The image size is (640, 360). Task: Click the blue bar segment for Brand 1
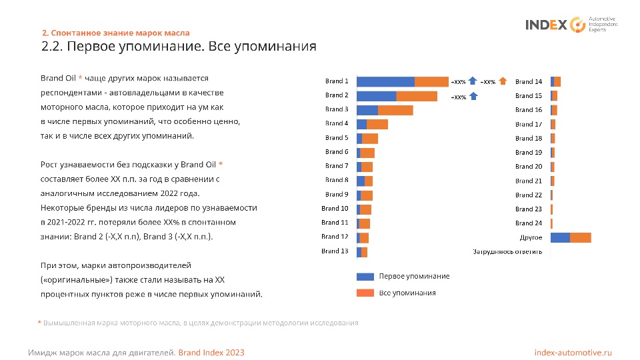(385, 81)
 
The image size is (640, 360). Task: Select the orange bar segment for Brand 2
(417, 96)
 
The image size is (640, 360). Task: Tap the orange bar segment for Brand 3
(395, 110)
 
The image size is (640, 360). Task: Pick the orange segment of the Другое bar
(581, 237)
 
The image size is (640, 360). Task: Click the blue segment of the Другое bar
(560, 237)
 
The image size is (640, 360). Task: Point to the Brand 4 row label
(337, 123)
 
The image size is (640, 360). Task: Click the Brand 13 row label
(335, 251)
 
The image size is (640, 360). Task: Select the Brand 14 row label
(529, 82)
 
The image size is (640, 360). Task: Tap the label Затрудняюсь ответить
(507, 251)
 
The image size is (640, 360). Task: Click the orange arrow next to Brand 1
(503, 81)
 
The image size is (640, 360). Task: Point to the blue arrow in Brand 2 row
(473, 96)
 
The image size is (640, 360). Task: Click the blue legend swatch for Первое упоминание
(365, 276)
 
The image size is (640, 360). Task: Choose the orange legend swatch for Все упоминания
(365, 293)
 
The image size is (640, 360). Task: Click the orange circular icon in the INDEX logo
(577, 25)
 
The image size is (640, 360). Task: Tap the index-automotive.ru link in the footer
(573, 352)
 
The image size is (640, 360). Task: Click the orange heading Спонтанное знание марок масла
(116, 33)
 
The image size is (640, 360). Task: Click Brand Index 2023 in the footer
(215, 352)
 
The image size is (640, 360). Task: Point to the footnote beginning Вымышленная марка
(200, 323)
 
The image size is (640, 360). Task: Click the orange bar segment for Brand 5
(370, 138)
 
